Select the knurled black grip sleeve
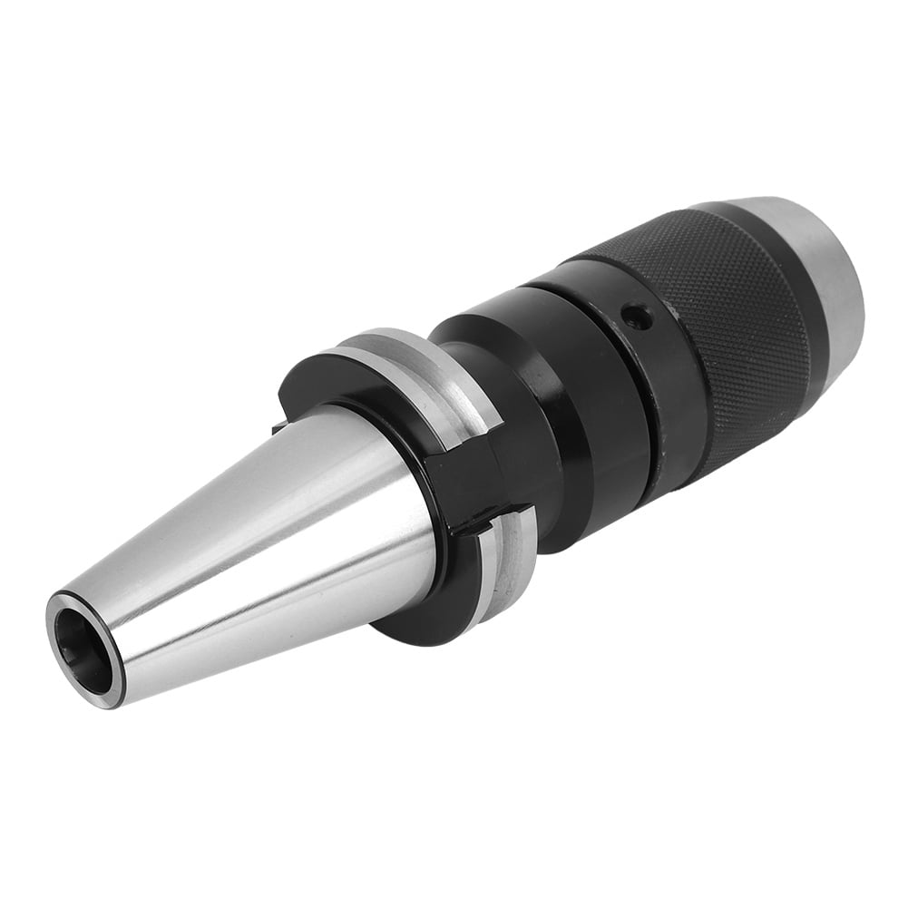click(717, 336)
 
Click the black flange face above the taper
click(317, 381)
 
